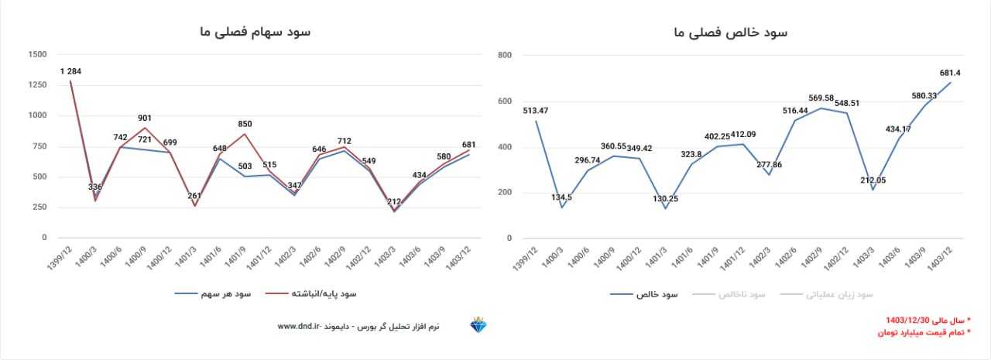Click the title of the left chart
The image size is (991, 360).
255,32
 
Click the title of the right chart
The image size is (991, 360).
731,32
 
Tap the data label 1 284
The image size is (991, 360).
70,71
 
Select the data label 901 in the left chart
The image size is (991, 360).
145,118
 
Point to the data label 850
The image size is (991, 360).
245,124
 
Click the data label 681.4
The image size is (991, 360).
950,73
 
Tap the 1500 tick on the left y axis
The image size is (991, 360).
36,55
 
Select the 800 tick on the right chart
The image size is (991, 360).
505,56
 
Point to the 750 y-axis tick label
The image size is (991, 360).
39,146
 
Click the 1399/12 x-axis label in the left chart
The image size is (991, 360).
61,259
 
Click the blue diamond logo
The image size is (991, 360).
478,326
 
